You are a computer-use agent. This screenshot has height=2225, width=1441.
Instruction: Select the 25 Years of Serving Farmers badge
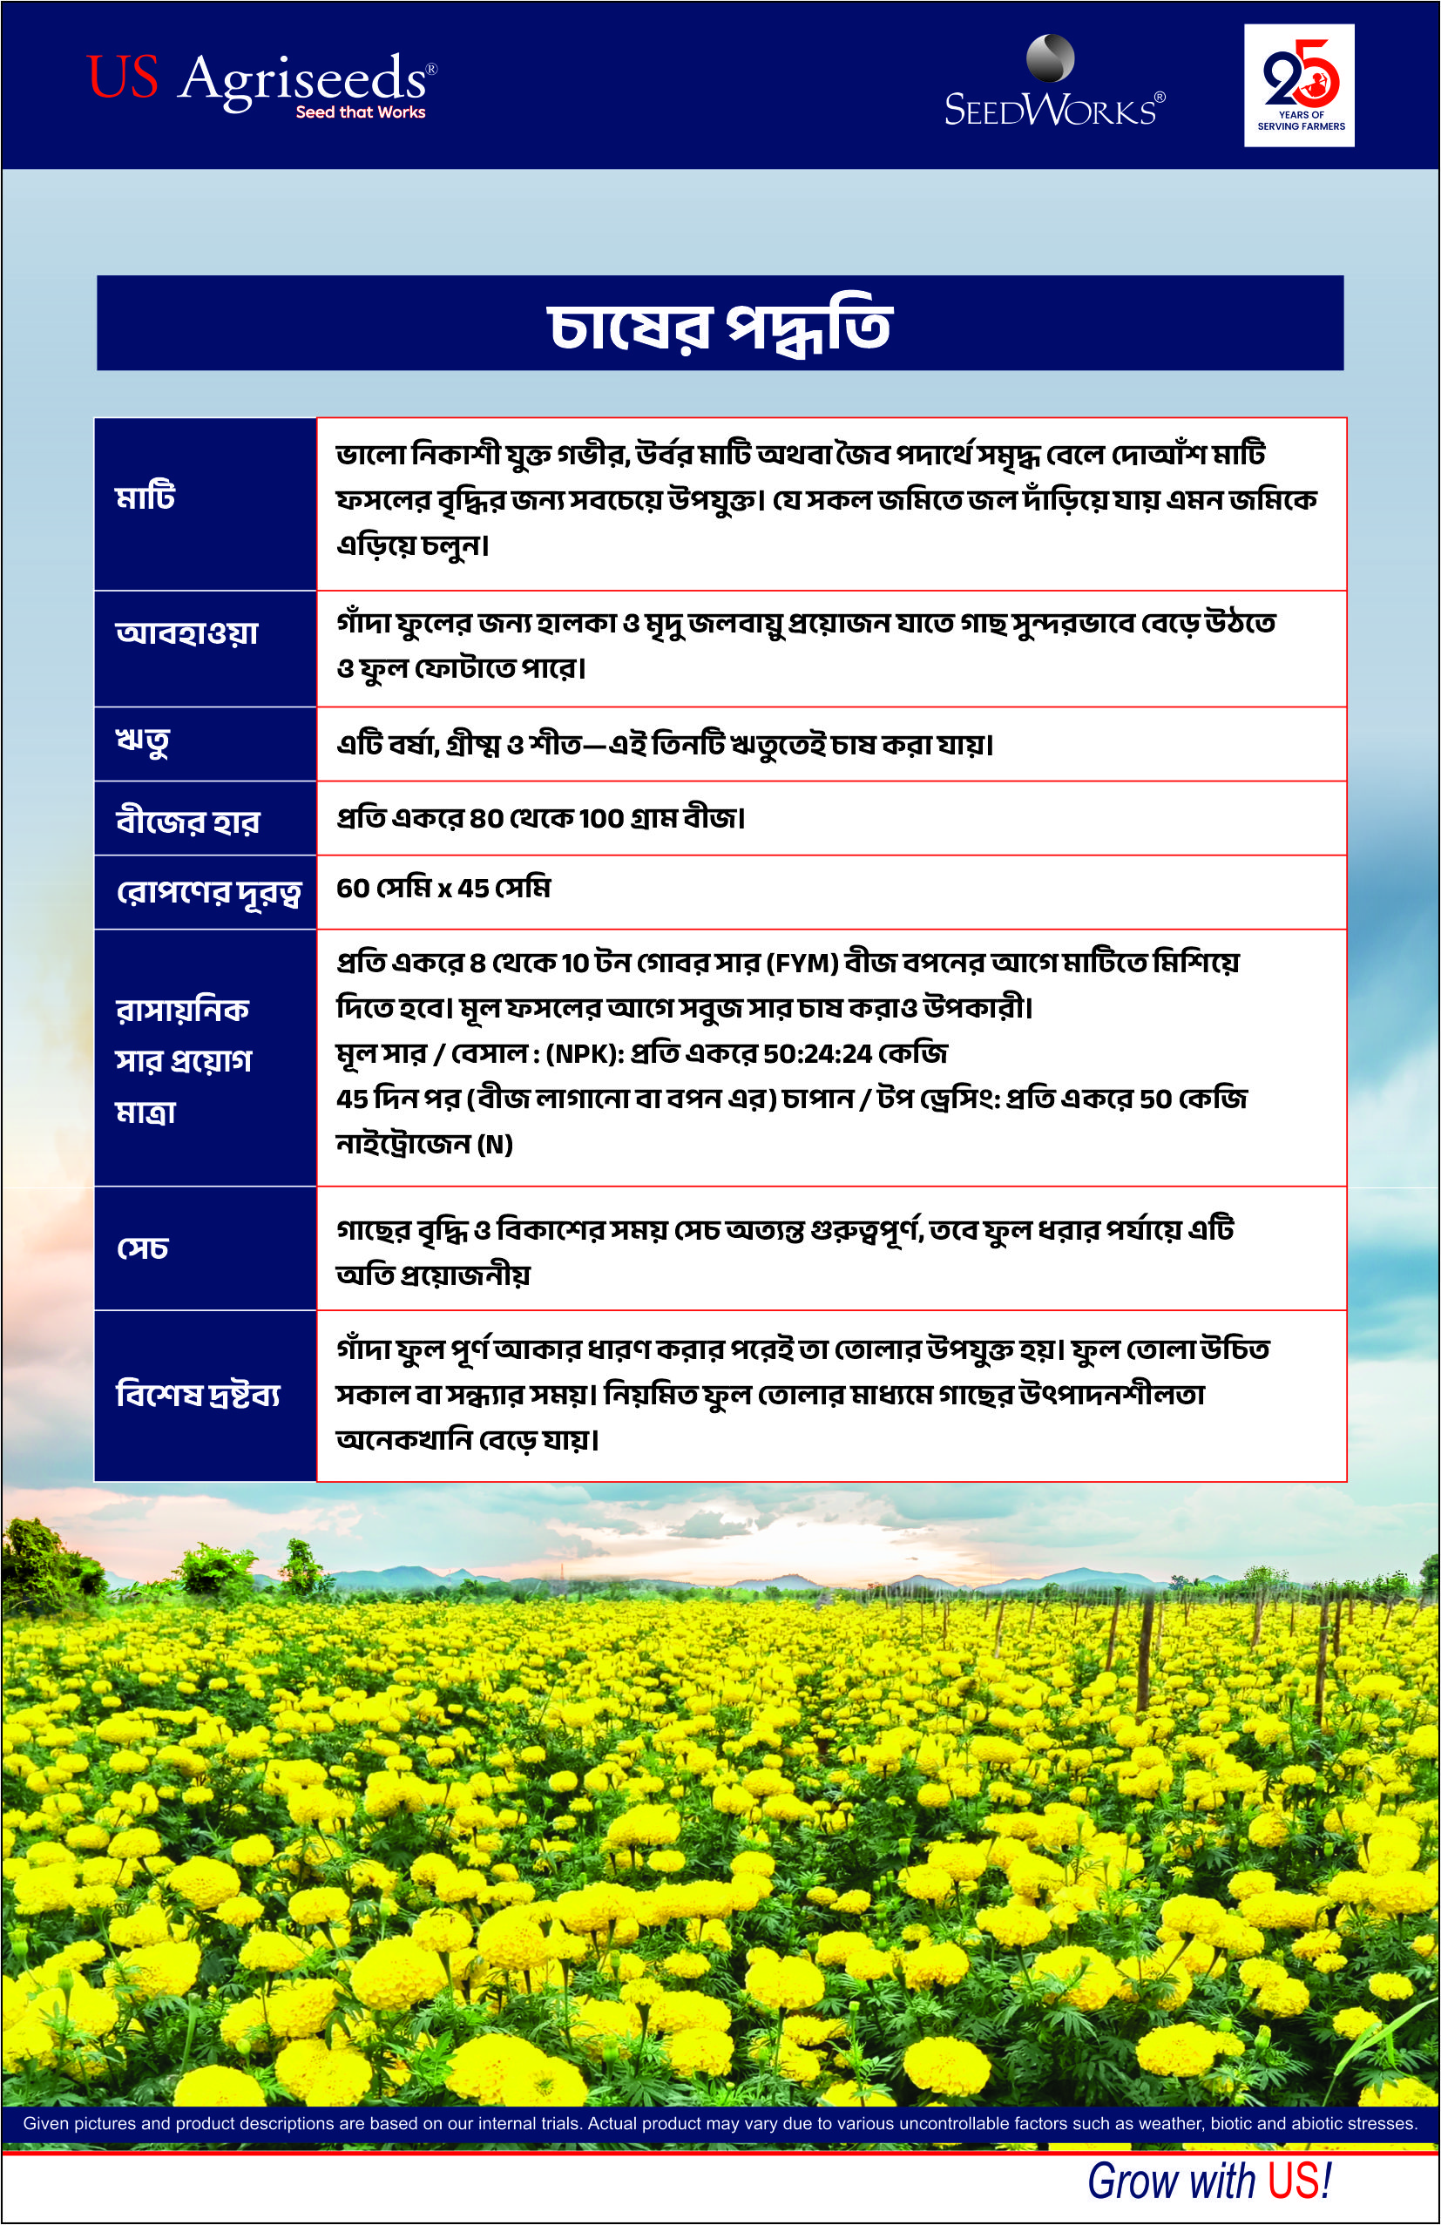tap(1299, 85)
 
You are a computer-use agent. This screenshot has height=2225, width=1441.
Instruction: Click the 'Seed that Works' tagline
tap(360, 112)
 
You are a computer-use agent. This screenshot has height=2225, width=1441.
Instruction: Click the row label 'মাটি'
tap(145, 497)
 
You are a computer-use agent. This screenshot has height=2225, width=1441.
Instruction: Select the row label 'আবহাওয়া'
tap(187, 634)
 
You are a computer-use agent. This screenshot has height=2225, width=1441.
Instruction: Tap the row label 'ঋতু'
tap(142, 744)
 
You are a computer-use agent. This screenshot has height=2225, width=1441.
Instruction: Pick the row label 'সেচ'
tap(142, 1249)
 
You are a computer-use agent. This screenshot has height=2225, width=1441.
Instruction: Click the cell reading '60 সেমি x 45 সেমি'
tap(443, 888)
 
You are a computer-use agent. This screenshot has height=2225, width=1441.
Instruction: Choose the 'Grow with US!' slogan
tap(1208, 2182)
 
